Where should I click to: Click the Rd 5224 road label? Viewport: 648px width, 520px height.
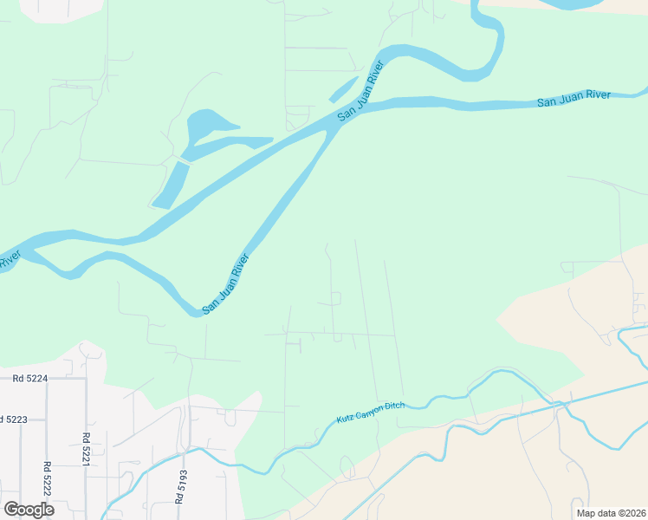(29, 378)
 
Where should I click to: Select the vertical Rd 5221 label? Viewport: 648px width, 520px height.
(87, 449)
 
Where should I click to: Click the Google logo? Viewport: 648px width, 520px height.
(29, 510)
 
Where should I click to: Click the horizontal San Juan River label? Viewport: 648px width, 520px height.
(573, 99)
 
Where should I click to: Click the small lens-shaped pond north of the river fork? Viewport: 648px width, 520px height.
(343, 88)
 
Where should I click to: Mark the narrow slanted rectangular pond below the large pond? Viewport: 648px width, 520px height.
(171, 185)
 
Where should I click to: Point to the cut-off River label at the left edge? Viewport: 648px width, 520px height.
(9, 259)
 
